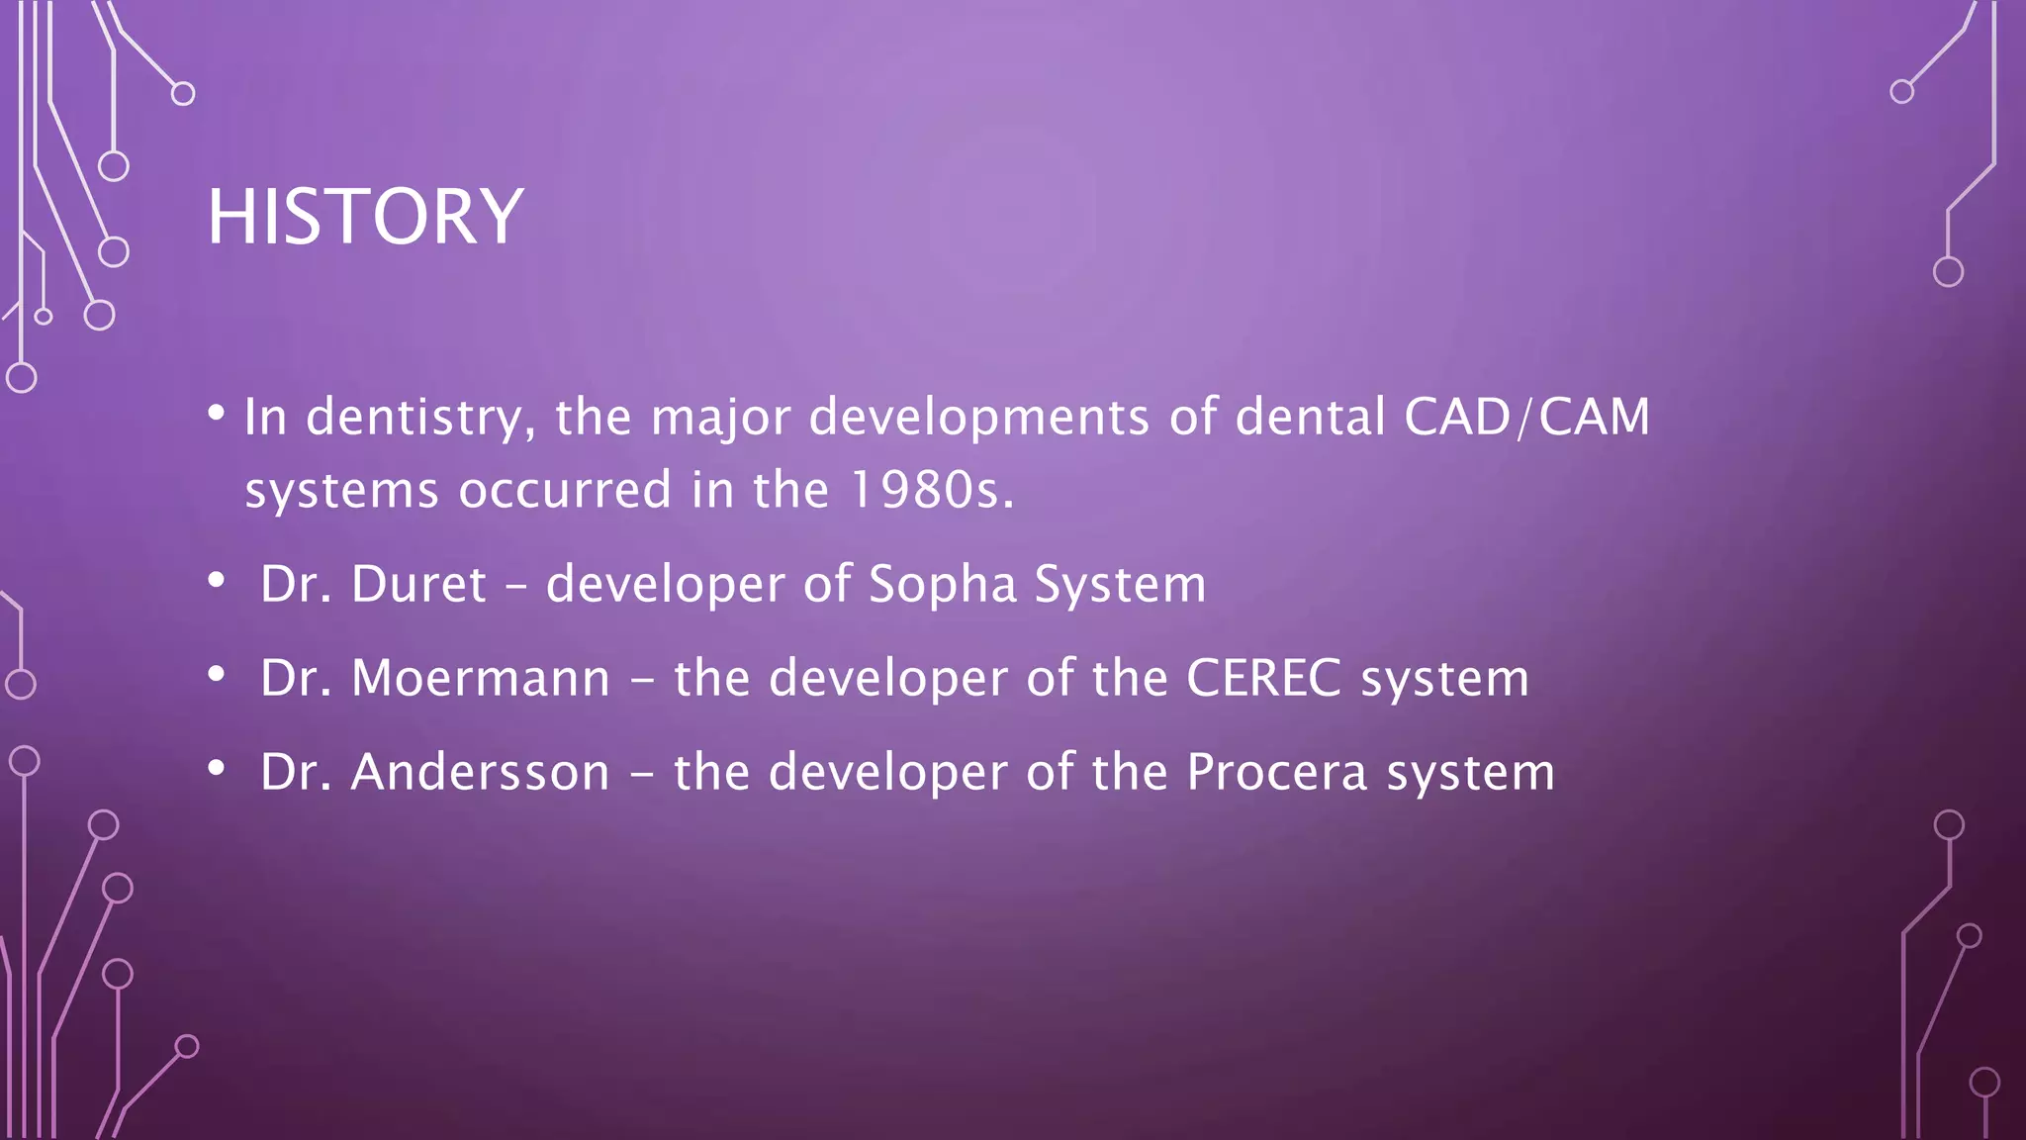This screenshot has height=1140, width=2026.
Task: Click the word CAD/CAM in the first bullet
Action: point(1526,417)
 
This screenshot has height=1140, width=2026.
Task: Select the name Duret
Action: point(418,584)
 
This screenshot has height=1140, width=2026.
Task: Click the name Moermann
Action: point(481,679)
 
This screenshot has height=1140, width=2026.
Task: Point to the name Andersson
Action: point(481,772)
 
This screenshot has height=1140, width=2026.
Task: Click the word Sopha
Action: point(942,584)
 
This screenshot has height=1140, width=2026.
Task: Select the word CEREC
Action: point(1263,679)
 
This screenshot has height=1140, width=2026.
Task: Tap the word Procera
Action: point(1277,772)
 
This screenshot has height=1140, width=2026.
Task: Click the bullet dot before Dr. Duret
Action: point(217,581)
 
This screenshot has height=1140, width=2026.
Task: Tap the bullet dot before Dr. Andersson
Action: point(217,769)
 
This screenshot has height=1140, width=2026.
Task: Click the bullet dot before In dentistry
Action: point(217,413)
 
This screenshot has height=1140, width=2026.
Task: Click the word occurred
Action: point(565,490)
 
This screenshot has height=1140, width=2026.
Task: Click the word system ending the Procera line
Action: point(1470,774)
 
